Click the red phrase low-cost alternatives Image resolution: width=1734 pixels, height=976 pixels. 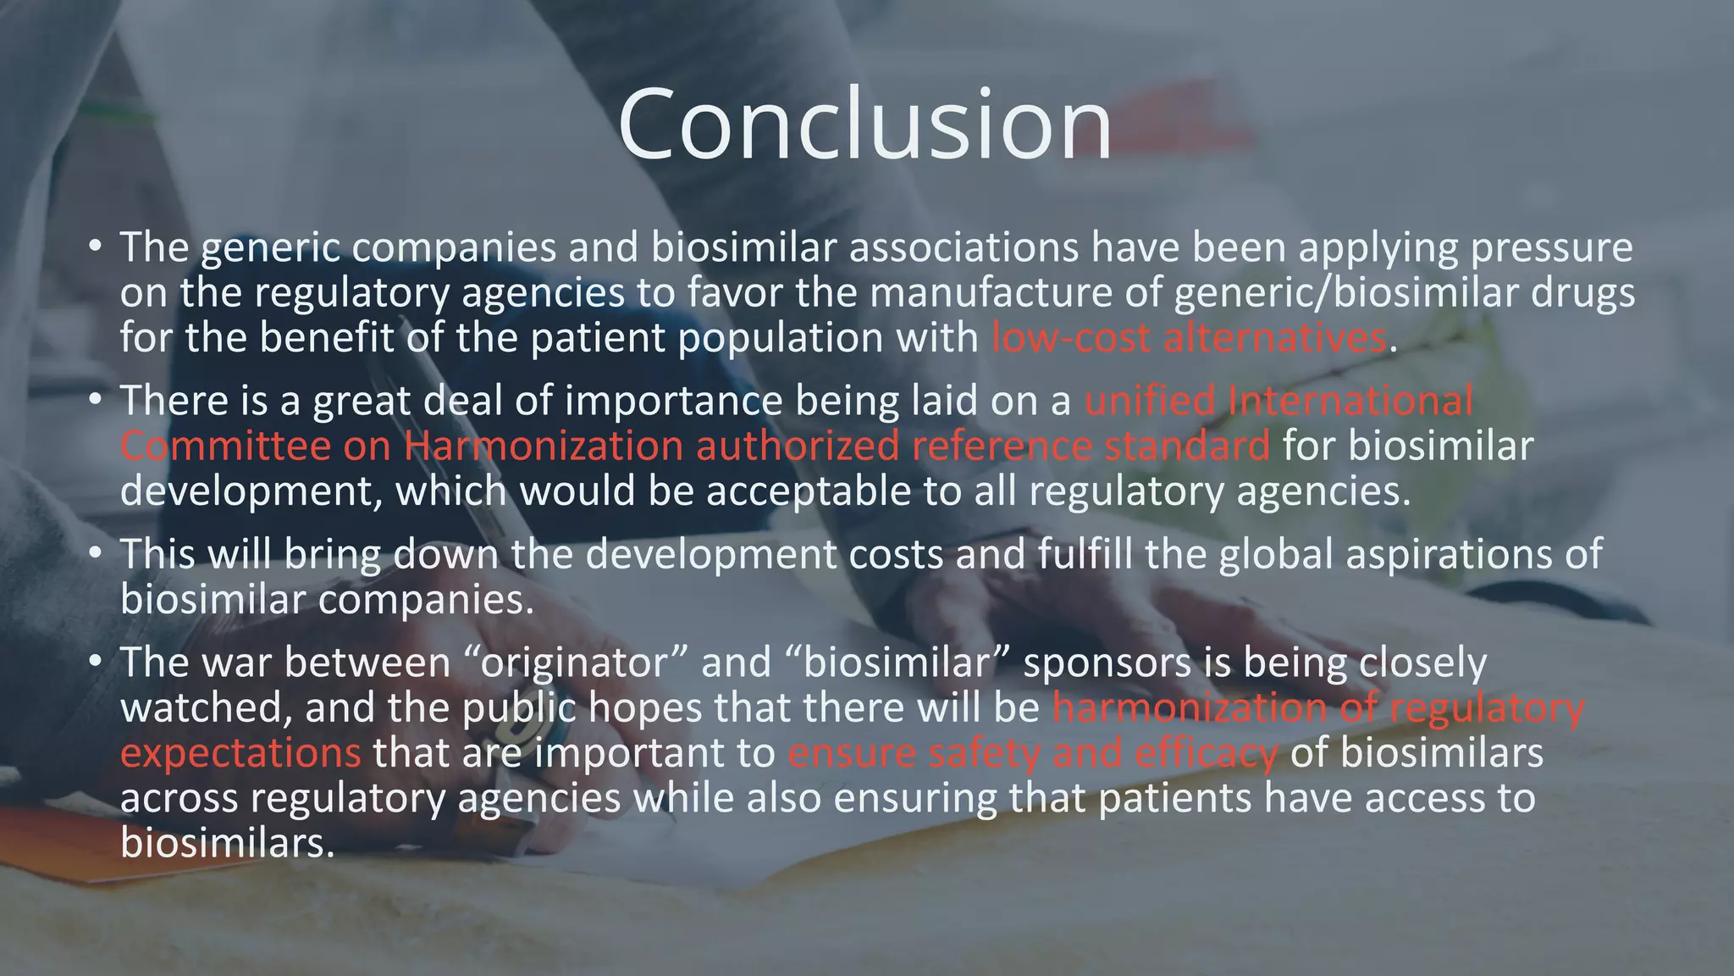click(1189, 338)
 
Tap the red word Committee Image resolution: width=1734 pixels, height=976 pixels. click(224, 446)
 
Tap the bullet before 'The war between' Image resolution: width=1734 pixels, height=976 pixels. click(96, 662)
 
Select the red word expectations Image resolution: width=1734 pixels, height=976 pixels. click(240, 753)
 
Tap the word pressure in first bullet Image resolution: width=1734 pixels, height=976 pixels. click(1551, 247)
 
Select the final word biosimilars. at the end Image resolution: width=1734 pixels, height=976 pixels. click(228, 843)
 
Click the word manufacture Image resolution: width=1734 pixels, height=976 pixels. click(991, 293)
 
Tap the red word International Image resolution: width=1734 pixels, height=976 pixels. click(1350, 401)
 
